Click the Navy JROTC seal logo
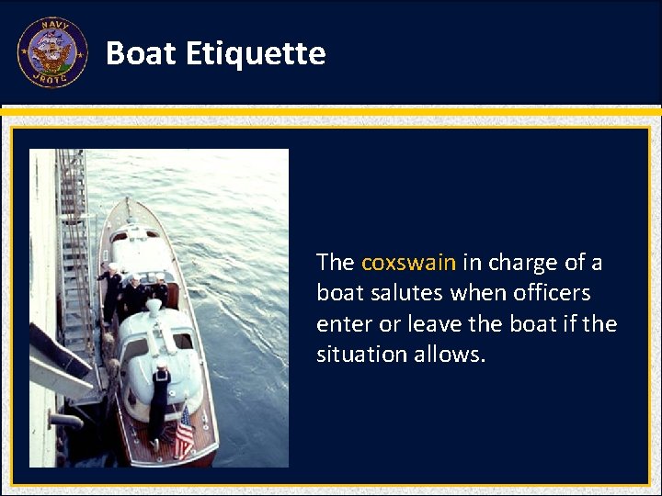pyautogui.click(x=51, y=52)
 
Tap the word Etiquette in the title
pyautogui.click(x=256, y=54)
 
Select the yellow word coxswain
pyautogui.click(x=408, y=263)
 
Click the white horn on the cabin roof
pyautogui.click(x=154, y=308)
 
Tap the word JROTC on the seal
pyautogui.click(x=51, y=80)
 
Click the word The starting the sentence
pyautogui.click(x=335, y=263)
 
